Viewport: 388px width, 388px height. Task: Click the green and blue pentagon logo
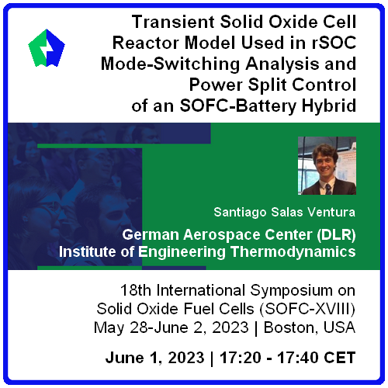47,48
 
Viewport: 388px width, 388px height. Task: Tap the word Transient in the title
173,22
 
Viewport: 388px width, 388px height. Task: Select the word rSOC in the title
334,43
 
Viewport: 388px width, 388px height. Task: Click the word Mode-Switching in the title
171,64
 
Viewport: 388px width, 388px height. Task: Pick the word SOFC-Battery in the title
238,106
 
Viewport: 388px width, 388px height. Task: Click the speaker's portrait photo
327,165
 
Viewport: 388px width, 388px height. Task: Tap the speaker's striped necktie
328,189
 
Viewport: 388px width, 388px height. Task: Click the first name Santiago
240,213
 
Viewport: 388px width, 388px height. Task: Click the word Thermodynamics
293,251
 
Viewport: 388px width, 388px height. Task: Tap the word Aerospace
222,235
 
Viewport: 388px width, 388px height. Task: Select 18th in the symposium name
136,290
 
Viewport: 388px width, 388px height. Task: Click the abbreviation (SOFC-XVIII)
307,309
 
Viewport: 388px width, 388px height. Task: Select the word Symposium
291,291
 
